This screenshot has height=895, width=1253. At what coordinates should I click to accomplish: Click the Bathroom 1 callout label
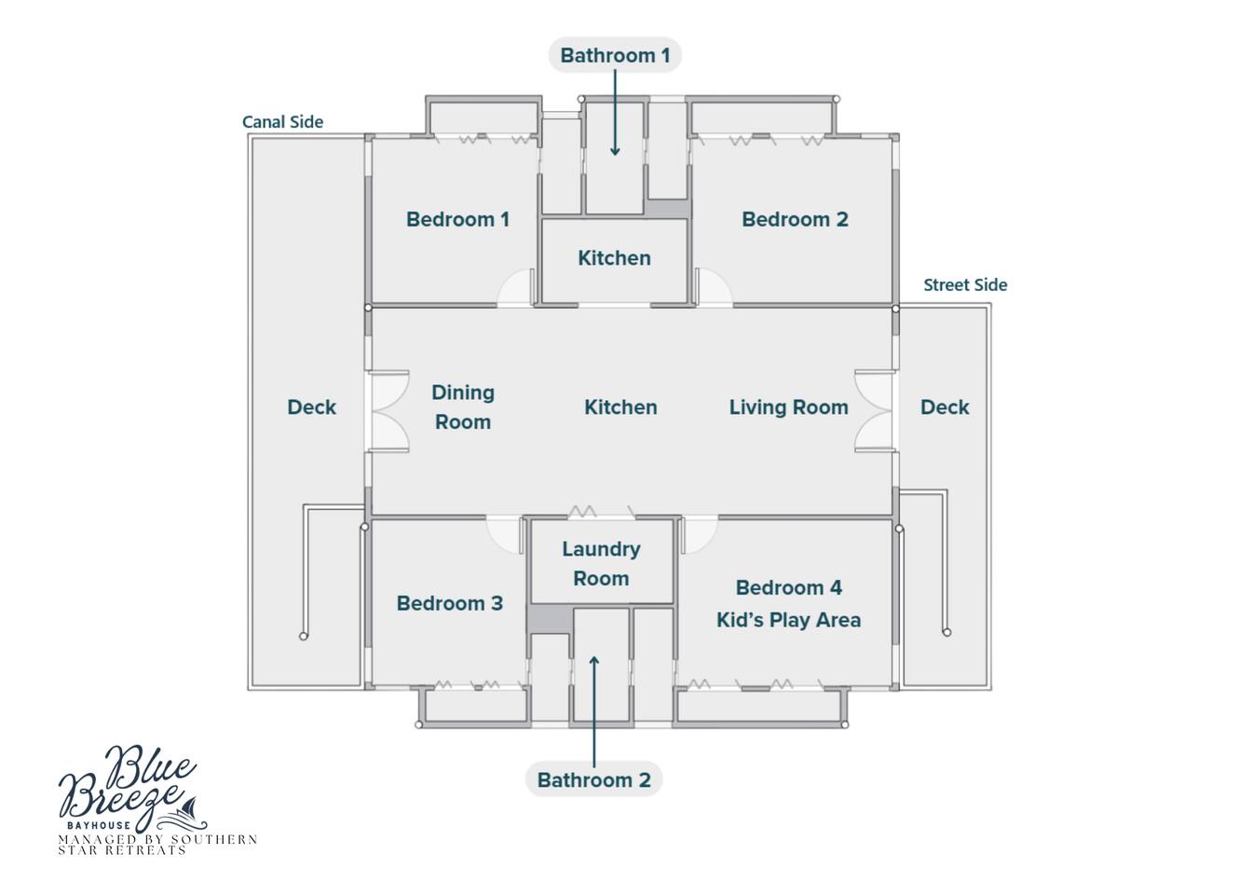pyautogui.click(x=615, y=55)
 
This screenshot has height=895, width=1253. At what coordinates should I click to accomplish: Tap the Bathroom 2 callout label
pyautogui.click(x=594, y=779)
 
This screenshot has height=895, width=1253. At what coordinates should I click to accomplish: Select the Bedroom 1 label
pyautogui.click(x=457, y=219)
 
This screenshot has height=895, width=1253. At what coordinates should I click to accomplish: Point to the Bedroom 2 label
pyautogui.click(x=795, y=219)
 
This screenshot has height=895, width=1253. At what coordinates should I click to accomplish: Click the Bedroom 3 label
pyautogui.click(x=450, y=603)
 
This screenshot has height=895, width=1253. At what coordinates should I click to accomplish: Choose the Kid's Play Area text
pyautogui.click(x=789, y=620)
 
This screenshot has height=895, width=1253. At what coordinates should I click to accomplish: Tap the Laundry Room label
pyautogui.click(x=601, y=563)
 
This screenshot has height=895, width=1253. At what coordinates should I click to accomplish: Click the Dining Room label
pyautogui.click(x=463, y=406)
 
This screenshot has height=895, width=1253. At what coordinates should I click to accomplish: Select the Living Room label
pyautogui.click(x=789, y=406)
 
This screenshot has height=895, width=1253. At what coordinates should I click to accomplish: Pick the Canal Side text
pyautogui.click(x=282, y=121)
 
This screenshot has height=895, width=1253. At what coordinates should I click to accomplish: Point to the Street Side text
pyautogui.click(x=965, y=284)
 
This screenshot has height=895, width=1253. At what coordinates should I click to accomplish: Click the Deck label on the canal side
pyautogui.click(x=311, y=406)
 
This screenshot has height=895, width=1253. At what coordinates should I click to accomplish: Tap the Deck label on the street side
pyautogui.click(x=945, y=406)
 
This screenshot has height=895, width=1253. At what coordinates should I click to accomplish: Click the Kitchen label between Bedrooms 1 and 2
pyautogui.click(x=614, y=258)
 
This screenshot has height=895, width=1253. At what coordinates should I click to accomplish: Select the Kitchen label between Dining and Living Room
pyautogui.click(x=620, y=406)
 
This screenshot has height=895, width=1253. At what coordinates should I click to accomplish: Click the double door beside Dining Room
pyautogui.click(x=388, y=411)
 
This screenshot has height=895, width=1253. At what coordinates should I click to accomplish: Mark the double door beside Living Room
pyautogui.click(x=875, y=411)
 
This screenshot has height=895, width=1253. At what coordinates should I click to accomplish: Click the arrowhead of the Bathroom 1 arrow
pyautogui.click(x=615, y=151)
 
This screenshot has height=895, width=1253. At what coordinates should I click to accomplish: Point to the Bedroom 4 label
pyautogui.click(x=789, y=587)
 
